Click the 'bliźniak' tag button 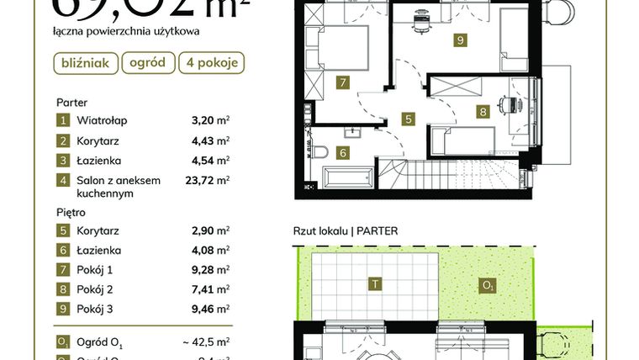[86, 62]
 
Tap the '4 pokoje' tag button [211, 62]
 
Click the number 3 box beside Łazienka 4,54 [62, 160]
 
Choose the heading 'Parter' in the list [71, 102]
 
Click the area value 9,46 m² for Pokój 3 [209, 309]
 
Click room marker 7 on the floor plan [341, 82]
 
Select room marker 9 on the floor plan [460, 40]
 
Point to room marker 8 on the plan [482, 110]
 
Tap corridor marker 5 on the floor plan [408, 119]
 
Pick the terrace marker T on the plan [372, 284]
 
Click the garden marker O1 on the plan [487, 285]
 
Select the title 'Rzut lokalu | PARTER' [346, 230]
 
